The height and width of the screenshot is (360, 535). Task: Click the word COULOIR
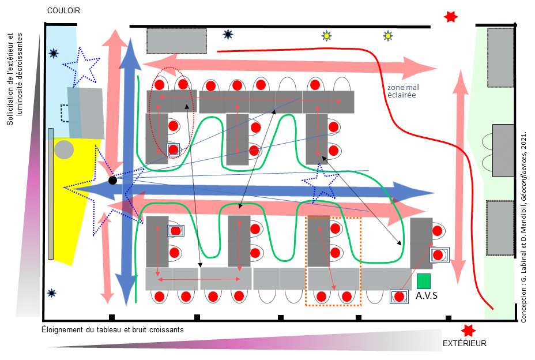point(63,11)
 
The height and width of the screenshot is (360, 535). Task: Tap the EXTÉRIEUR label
point(464,343)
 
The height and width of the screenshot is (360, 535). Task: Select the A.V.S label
point(426,296)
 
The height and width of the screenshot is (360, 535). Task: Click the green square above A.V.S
point(424,281)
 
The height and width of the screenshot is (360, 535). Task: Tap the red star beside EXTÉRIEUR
point(468,331)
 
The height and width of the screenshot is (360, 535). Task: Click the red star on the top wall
point(450,17)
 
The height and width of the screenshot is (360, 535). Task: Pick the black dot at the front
point(113,181)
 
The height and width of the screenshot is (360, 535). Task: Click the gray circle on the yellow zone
point(64,150)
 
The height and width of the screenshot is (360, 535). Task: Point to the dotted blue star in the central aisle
point(318,183)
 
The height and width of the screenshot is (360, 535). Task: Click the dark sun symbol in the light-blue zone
point(54,54)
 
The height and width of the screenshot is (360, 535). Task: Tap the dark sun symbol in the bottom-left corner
point(52,292)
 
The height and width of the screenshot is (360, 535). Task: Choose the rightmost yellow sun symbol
point(388,36)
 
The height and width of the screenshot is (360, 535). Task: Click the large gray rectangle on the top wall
point(176,40)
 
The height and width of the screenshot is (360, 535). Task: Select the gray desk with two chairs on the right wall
point(503,150)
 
